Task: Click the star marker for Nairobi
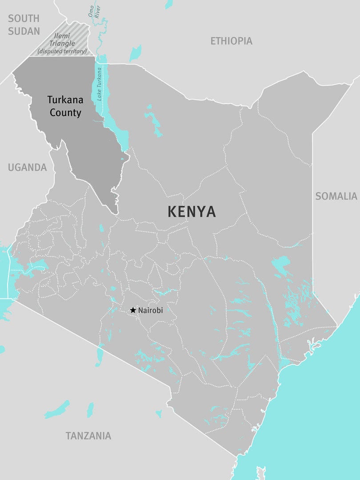click(x=132, y=310)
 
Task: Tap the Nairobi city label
click(x=151, y=311)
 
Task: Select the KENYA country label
click(x=192, y=212)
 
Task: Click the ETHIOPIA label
click(x=231, y=41)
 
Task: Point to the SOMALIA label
click(x=336, y=196)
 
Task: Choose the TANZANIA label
click(x=88, y=436)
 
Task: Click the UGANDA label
click(x=27, y=168)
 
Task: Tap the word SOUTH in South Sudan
click(x=24, y=19)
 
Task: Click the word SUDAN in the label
click(x=24, y=31)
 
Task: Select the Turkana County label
click(x=65, y=106)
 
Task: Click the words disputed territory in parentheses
click(x=62, y=52)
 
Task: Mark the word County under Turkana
click(x=65, y=113)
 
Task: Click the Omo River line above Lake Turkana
click(x=100, y=40)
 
